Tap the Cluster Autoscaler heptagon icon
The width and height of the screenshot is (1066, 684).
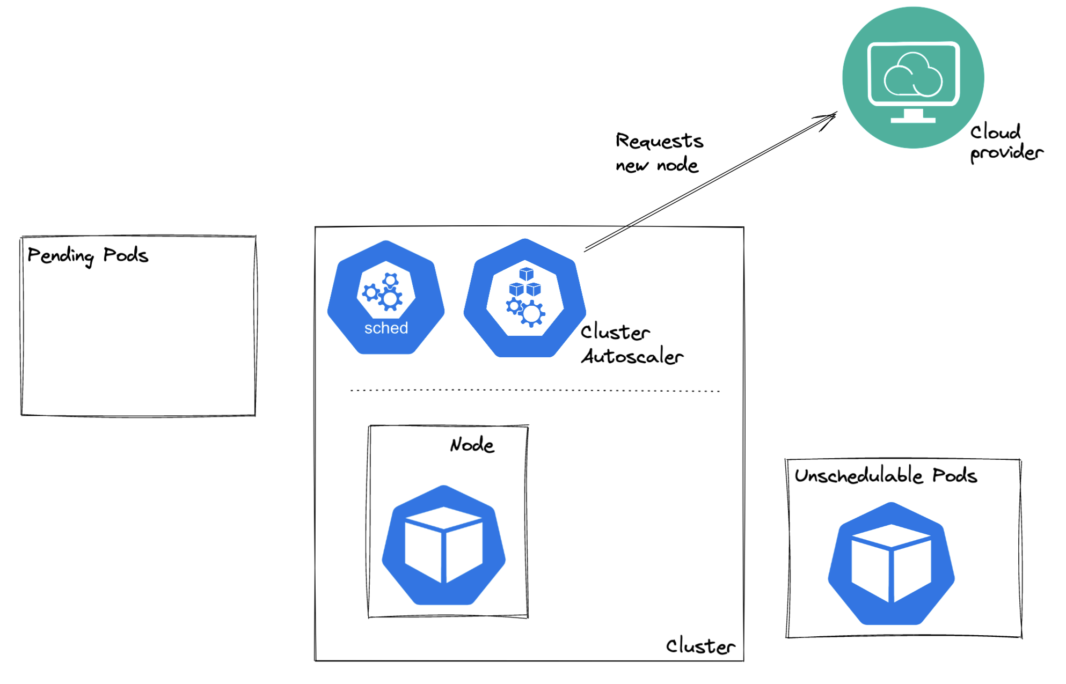(x=525, y=298)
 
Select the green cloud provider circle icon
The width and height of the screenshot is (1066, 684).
(x=912, y=77)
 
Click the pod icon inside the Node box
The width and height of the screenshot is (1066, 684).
(x=443, y=546)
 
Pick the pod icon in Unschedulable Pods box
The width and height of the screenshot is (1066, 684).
(x=891, y=564)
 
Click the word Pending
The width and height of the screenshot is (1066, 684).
(x=60, y=255)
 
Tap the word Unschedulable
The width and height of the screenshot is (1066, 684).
(x=859, y=475)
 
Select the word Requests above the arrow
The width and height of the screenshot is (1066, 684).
(x=659, y=141)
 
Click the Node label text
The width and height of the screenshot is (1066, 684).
(x=472, y=445)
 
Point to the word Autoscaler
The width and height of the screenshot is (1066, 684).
(x=632, y=356)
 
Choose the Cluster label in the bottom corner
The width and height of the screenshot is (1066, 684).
(x=700, y=646)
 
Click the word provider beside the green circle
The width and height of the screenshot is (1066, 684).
(x=1006, y=153)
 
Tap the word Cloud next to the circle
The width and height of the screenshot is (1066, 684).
(x=995, y=132)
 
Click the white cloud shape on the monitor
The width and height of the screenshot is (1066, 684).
(x=912, y=75)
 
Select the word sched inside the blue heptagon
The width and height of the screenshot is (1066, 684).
(x=386, y=328)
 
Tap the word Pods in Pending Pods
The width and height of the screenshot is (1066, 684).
(x=126, y=255)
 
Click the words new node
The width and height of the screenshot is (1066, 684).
(x=657, y=165)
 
